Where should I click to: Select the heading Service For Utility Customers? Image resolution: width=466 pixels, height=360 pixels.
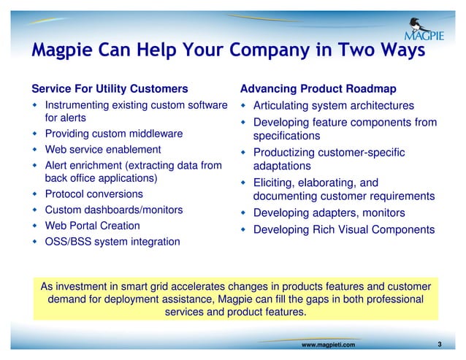click(110, 89)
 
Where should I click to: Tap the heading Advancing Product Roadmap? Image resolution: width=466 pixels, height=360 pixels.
click(318, 89)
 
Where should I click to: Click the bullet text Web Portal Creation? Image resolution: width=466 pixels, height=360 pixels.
click(92, 226)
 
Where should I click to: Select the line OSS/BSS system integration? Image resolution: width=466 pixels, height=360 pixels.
click(112, 241)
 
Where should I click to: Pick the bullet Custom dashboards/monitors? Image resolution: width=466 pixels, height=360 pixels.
click(114, 210)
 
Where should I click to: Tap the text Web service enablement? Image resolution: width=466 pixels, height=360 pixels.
click(103, 150)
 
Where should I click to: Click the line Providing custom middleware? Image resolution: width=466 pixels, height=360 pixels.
click(113, 134)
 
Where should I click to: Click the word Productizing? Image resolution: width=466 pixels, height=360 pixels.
click(284, 153)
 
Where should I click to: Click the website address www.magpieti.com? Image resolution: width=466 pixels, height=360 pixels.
click(328, 344)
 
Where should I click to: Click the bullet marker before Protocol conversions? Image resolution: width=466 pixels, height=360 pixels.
click(35, 195)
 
